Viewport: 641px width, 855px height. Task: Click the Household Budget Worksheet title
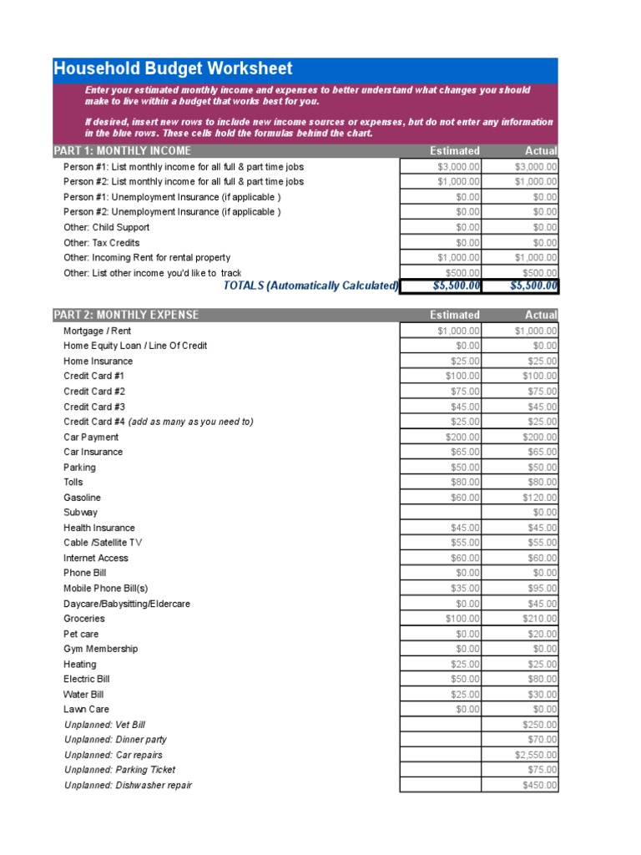[x=174, y=69]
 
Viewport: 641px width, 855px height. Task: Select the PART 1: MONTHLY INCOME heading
[x=122, y=151]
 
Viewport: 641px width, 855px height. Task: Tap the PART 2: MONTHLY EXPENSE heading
[x=126, y=315]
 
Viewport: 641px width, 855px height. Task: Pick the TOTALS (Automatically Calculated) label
[x=310, y=286]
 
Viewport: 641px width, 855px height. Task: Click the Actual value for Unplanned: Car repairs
[x=520, y=755]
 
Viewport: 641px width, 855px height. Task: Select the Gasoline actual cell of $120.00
[x=520, y=498]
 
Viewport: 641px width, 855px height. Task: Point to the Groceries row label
[x=84, y=619]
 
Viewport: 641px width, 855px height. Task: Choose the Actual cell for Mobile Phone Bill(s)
[x=520, y=589]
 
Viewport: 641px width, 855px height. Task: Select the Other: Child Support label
[x=106, y=227]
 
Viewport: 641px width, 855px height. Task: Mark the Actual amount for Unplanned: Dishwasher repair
[x=520, y=785]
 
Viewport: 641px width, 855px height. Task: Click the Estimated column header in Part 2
[x=454, y=315]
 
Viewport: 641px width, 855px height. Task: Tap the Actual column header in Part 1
[x=541, y=151]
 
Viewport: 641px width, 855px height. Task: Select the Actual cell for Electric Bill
[x=520, y=680]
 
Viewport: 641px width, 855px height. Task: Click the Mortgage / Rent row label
[x=91, y=331]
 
